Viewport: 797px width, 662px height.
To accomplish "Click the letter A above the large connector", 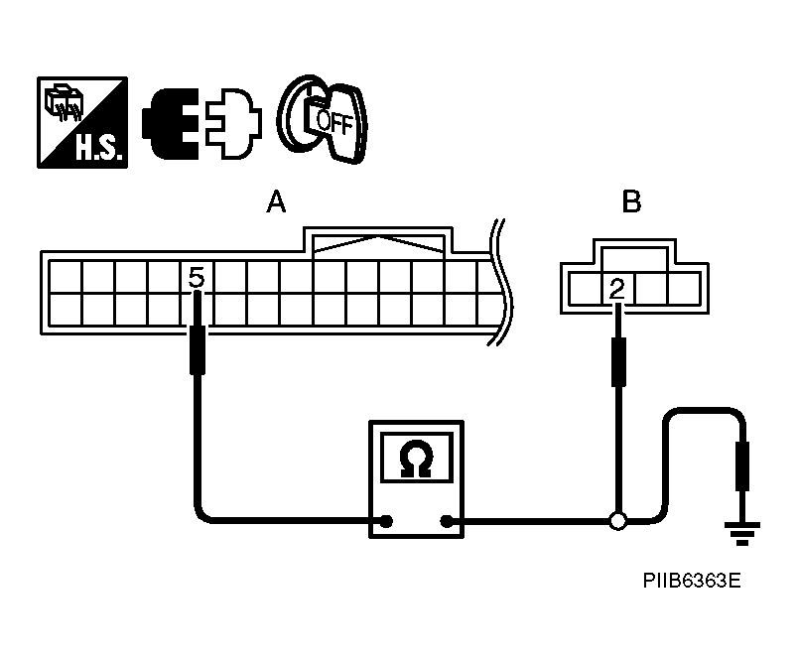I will [x=276, y=203].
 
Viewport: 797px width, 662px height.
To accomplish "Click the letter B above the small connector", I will [x=631, y=203].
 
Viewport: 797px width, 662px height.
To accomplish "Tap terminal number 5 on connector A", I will [x=197, y=279].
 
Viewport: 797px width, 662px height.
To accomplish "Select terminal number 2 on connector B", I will [x=617, y=289].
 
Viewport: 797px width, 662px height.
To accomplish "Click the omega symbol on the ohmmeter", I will [x=415, y=459].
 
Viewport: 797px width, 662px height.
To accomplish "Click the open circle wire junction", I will [x=617, y=519].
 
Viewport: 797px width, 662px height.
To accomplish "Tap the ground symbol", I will [x=740, y=534].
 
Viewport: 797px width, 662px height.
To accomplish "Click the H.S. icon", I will [x=82, y=122].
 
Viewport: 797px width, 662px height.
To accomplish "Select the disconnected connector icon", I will [x=202, y=123].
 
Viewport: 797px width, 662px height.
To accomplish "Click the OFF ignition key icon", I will [x=324, y=119].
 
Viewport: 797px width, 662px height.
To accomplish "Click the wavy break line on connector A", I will [x=500, y=288].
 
